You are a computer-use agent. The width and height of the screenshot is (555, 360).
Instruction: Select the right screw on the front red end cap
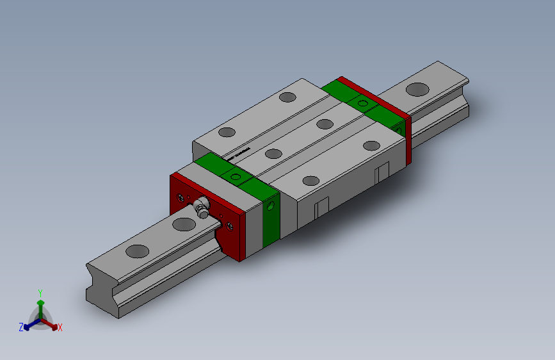pyautogui.click(x=227, y=224)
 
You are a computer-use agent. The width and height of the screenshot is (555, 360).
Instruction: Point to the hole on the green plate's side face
pyautogui.click(x=271, y=206)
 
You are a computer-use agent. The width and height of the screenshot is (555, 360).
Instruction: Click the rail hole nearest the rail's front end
pyautogui.click(x=136, y=251)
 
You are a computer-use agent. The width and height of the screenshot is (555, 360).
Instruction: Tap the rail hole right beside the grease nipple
pyautogui.click(x=184, y=224)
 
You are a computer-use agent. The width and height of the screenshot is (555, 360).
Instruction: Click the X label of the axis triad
pyautogui.click(x=60, y=328)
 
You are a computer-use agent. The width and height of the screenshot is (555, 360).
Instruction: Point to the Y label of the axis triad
pyautogui.click(x=40, y=292)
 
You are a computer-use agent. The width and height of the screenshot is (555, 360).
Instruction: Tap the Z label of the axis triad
pyautogui.click(x=21, y=327)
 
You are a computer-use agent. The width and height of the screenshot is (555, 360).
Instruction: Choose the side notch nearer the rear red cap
pyautogui.click(x=382, y=171)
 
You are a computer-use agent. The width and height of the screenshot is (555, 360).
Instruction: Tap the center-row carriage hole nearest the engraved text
pyautogui.click(x=273, y=153)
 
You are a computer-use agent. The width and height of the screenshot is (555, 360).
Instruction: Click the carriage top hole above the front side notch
pyautogui.click(x=310, y=181)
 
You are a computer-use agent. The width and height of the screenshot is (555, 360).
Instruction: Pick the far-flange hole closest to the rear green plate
pyautogui.click(x=288, y=97)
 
